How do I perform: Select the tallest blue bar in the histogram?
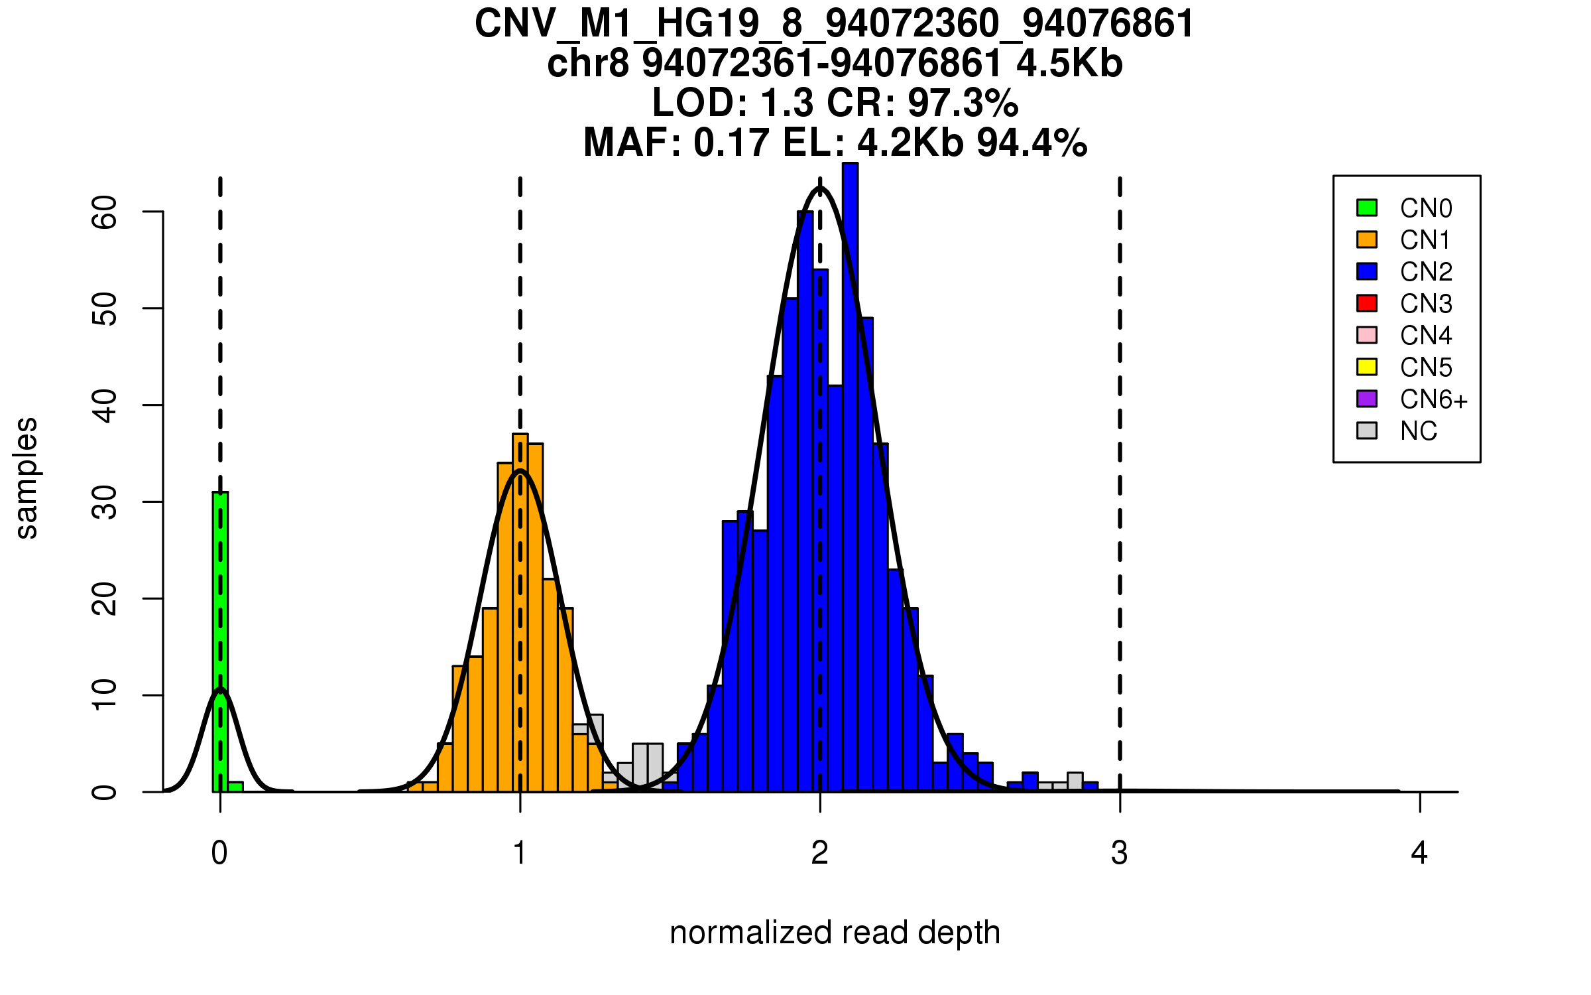click(850, 478)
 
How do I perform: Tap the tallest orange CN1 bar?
click(520, 610)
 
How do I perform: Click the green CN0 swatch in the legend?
click(1367, 208)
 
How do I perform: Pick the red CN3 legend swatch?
click(1367, 303)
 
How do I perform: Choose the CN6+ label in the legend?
click(1433, 399)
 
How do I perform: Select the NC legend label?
click(1418, 431)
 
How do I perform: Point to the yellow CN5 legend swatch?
click(1367, 367)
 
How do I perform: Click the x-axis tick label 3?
click(1120, 853)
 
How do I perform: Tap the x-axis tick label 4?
click(1419, 853)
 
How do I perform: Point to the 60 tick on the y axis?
click(105, 212)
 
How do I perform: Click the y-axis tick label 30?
click(105, 502)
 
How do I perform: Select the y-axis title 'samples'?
click(27, 478)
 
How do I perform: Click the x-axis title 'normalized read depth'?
click(835, 933)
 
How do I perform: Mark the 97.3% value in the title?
click(963, 103)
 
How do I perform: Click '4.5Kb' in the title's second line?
click(1069, 64)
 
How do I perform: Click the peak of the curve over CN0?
click(220, 690)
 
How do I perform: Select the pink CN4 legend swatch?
click(1367, 335)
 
